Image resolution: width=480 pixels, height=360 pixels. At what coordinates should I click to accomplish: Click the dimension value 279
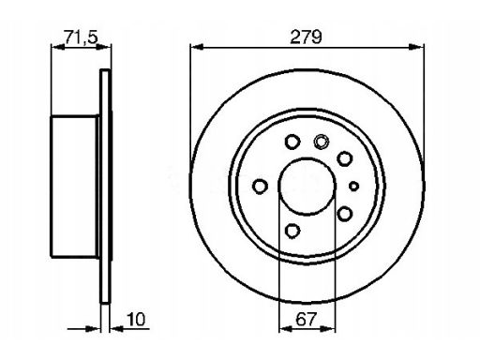tap(306, 37)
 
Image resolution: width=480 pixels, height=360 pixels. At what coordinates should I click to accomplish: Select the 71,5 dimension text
tap(81, 37)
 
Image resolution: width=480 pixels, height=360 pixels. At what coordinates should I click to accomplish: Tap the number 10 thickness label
tap(136, 319)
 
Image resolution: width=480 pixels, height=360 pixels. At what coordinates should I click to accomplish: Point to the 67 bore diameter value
tap(307, 319)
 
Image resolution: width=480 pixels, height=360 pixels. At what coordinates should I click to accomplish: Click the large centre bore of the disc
tap(307, 187)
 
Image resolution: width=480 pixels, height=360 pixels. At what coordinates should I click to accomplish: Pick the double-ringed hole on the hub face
tap(322, 142)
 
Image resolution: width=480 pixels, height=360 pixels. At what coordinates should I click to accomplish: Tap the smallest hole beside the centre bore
tap(353, 187)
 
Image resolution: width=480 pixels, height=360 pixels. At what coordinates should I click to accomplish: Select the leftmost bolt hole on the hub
tap(260, 187)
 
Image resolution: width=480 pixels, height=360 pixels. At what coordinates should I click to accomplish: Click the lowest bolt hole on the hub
tap(292, 231)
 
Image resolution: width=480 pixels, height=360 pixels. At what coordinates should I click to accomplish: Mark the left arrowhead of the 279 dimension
tap(197, 47)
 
